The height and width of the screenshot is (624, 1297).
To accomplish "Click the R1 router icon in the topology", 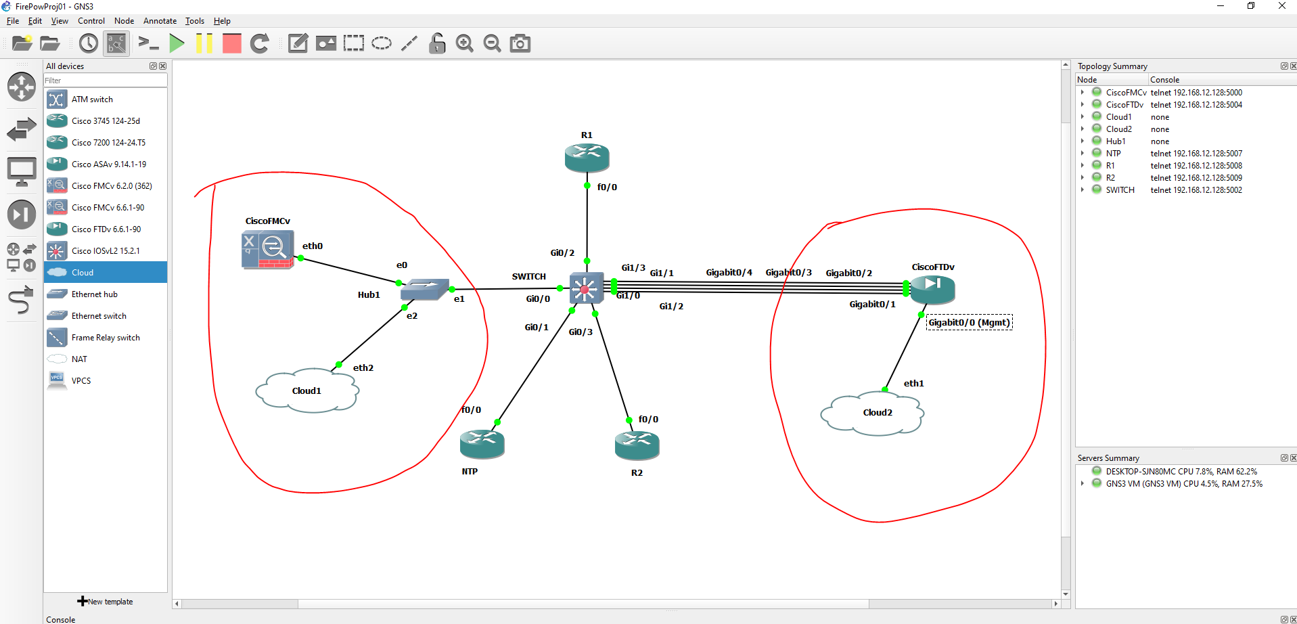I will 587,158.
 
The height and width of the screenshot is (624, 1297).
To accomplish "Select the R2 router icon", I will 637,445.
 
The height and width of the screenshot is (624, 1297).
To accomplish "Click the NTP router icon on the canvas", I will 482,444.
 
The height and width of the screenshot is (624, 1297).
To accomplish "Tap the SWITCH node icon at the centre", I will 585,289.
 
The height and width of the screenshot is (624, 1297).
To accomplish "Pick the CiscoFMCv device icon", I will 268,249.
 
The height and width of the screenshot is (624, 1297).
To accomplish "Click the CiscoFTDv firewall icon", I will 932,290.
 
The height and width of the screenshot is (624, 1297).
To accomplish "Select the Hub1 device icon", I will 424,290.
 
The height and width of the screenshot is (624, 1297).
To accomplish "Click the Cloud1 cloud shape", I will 306,391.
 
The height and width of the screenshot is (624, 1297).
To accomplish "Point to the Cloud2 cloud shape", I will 872,412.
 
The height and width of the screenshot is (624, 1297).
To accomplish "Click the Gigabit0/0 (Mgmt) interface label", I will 969,323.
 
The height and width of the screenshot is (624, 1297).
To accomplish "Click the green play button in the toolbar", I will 177,44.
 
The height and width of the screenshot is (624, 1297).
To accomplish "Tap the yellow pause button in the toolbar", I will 204,44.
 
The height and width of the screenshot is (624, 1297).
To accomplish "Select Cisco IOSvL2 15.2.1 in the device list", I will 106,251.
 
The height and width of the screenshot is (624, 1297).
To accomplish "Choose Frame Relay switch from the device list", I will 106,338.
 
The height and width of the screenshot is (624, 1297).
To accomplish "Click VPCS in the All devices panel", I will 81,381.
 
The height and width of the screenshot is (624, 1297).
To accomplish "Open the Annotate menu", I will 160,21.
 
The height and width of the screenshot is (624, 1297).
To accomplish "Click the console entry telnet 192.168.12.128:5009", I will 1196,178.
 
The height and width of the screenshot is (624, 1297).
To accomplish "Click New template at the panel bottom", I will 106,602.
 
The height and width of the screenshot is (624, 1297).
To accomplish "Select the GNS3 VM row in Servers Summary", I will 1184,484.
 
